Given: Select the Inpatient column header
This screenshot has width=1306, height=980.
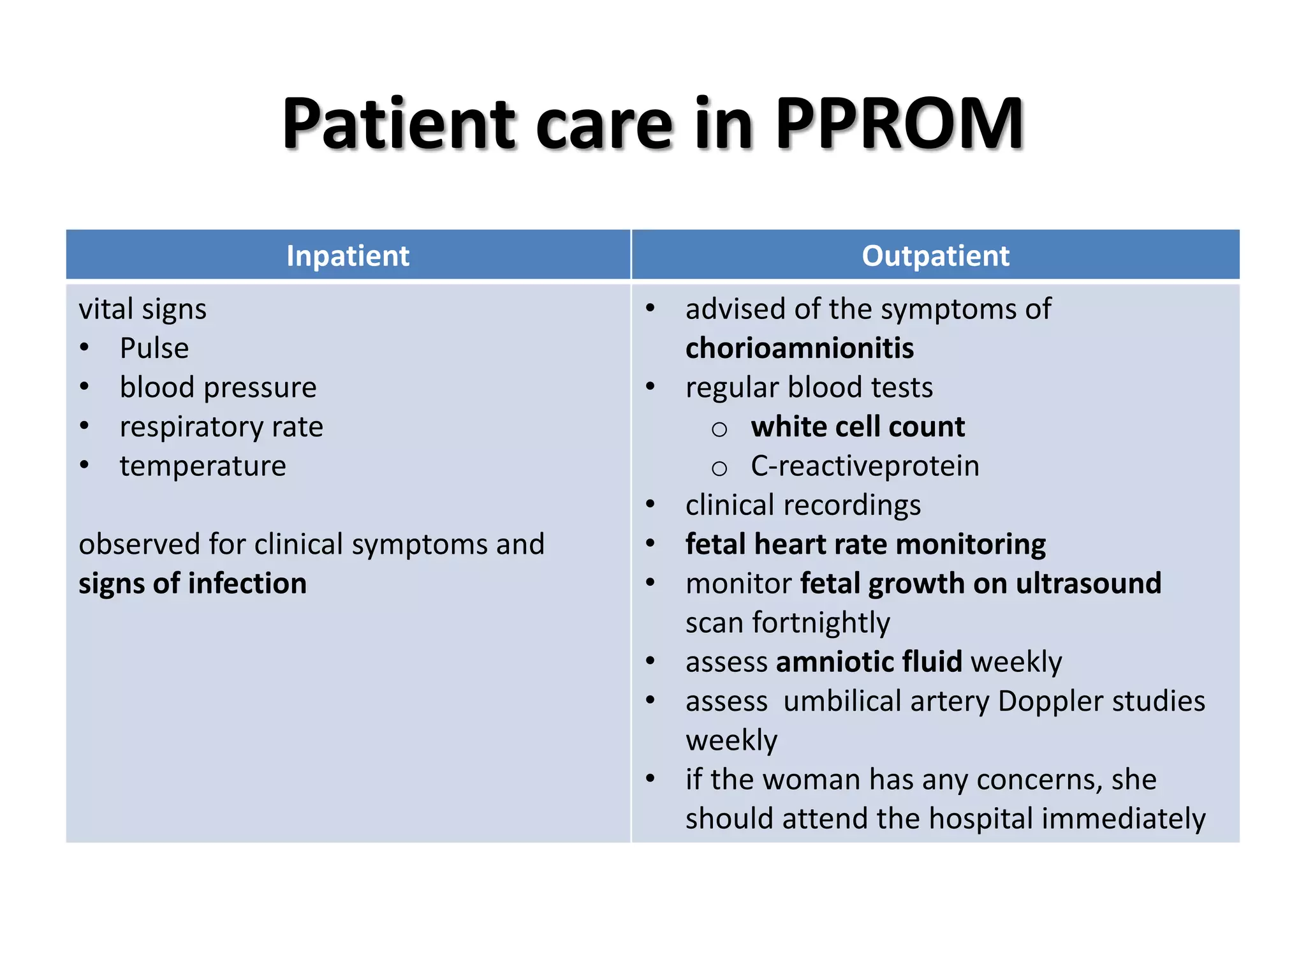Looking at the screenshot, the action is click(x=348, y=256).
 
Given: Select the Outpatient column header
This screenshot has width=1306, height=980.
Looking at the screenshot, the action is click(x=935, y=256).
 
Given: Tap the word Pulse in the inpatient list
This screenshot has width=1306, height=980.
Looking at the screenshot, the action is click(x=154, y=348).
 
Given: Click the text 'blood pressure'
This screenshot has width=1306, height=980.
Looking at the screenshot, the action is click(x=218, y=388).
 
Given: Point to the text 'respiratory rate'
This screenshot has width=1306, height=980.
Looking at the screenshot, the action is click(x=221, y=427).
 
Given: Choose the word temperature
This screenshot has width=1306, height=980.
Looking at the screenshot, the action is click(x=203, y=466).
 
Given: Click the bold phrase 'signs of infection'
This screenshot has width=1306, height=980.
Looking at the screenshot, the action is click(x=193, y=584).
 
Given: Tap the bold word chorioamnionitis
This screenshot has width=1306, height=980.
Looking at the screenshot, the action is click(x=800, y=348).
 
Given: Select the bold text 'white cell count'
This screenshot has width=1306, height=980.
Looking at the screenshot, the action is click(x=858, y=427).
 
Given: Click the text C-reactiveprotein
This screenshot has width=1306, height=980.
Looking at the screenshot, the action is click(x=865, y=466).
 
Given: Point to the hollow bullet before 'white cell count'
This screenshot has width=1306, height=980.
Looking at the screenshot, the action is click(x=719, y=429).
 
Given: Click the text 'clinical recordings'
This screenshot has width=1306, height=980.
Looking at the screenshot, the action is click(x=803, y=505).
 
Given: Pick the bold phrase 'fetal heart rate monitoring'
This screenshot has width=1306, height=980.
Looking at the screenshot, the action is click(x=865, y=544).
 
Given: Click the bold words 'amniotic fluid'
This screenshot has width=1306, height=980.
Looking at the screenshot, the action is click(x=869, y=662).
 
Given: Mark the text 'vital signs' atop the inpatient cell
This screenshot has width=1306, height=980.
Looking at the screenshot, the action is click(x=143, y=309).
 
